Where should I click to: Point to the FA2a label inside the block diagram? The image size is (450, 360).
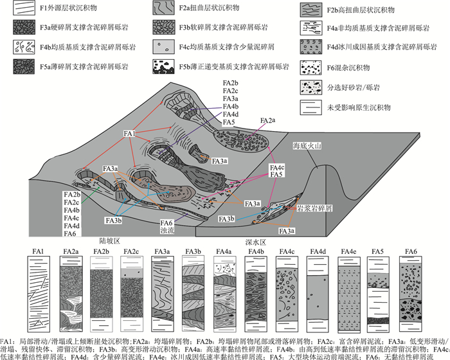pos(268,120)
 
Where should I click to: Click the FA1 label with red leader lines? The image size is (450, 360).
pos(129,133)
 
